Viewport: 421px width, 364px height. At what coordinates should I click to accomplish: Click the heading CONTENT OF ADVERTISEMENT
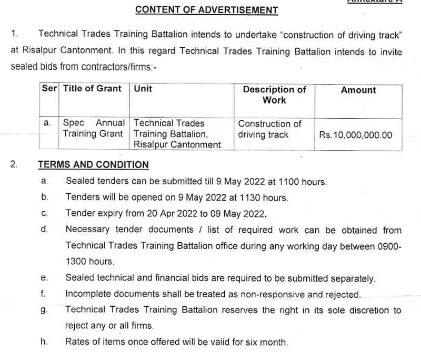pos(206,9)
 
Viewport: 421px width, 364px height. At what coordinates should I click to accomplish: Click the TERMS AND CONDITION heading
pos(93,165)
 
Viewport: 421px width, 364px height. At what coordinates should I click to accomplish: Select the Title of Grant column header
pos(92,89)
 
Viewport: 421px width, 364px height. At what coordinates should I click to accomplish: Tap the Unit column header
pos(143,89)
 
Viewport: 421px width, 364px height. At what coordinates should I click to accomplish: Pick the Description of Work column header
pos(274,95)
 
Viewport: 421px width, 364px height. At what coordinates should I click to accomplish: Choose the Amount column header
pos(358,90)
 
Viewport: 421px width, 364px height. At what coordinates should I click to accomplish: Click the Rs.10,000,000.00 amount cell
pos(356,135)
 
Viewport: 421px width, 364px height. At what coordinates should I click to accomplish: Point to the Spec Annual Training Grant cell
pos(94,128)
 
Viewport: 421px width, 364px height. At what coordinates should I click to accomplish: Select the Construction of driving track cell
pos(269,129)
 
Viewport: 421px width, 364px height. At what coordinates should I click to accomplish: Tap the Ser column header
pos(49,89)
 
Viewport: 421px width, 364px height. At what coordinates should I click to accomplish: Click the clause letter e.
pos(44,278)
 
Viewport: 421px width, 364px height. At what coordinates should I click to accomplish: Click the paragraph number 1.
pos(14,34)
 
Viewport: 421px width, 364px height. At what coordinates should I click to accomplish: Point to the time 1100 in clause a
pos(282,182)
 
